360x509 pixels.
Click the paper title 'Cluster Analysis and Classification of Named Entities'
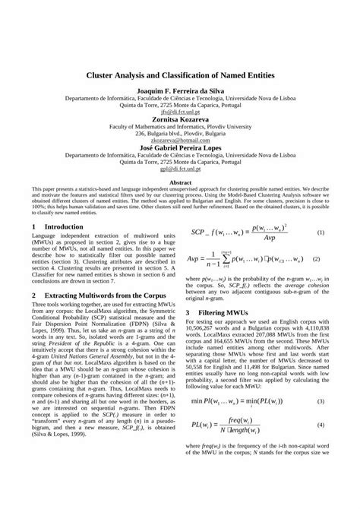click(179, 77)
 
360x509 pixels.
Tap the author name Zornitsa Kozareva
click(179, 119)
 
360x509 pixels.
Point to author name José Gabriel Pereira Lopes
click(179, 147)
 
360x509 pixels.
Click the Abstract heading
click(180, 182)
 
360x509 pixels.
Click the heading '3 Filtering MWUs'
click(229, 312)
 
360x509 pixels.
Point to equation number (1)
click(321, 232)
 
